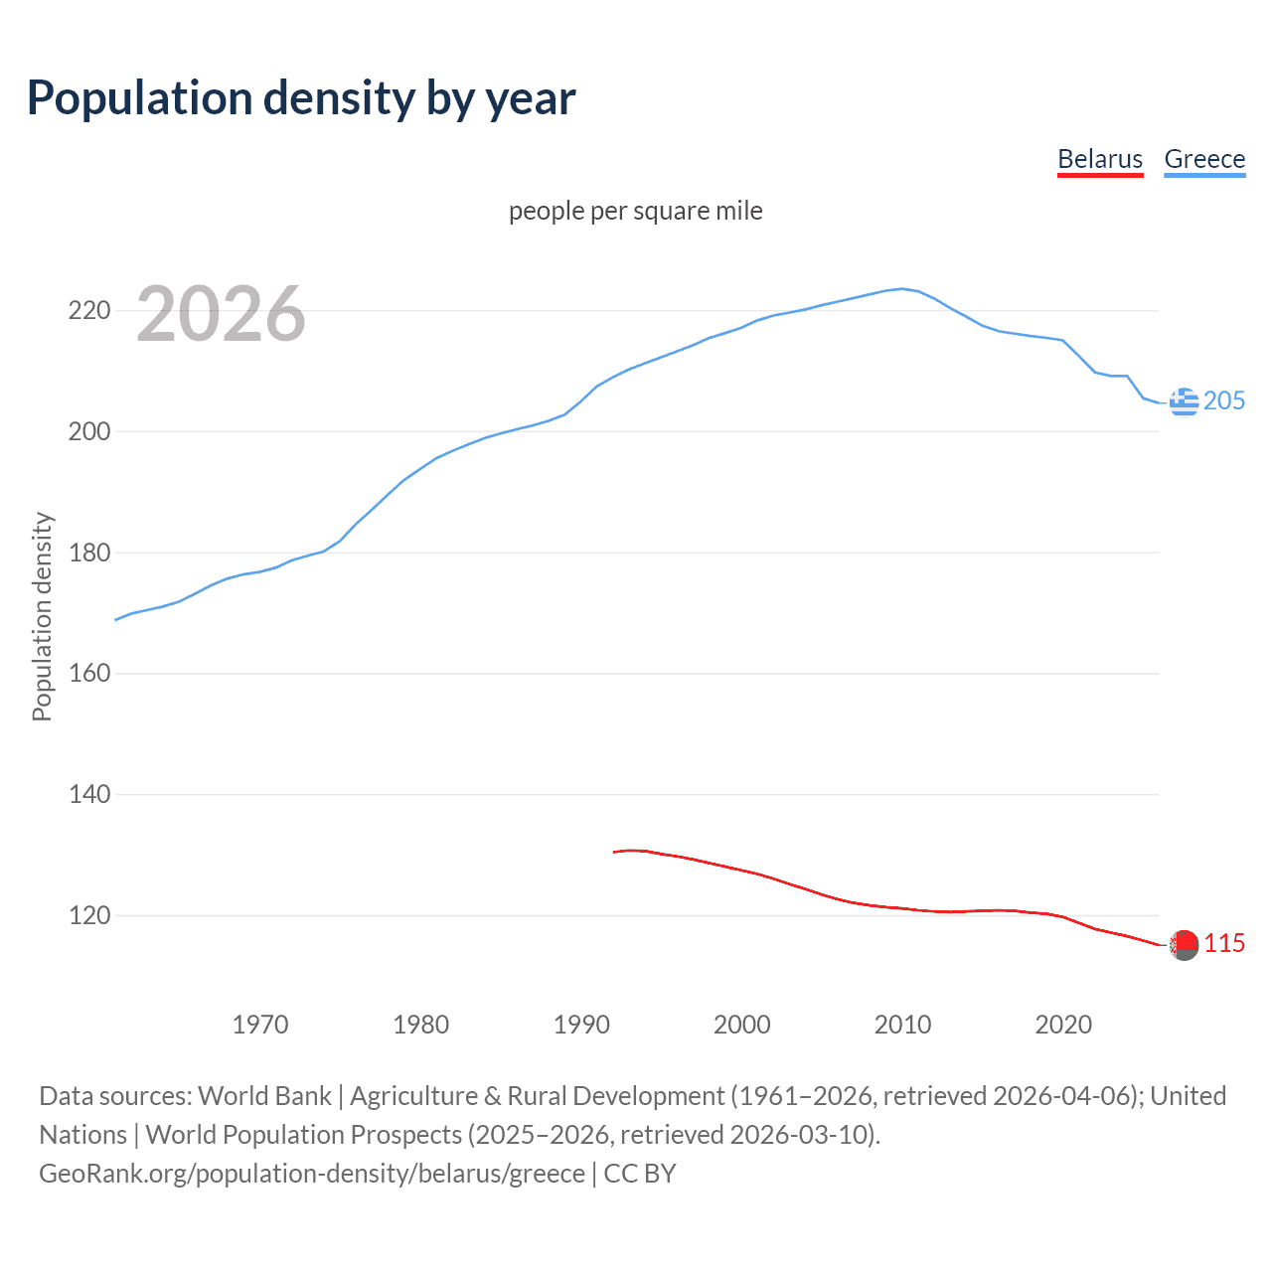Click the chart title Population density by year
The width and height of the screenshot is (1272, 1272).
[301, 98]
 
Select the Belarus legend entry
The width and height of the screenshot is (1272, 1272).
[1100, 159]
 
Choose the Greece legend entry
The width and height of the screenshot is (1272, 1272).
[1204, 159]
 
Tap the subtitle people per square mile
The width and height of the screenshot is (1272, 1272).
[636, 211]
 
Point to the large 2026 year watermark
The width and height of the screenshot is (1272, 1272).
[221, 314]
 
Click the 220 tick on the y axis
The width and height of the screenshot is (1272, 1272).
[89, 311]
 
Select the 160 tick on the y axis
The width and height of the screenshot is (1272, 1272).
[89, 674]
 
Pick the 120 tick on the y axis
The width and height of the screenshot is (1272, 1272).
[89, 915]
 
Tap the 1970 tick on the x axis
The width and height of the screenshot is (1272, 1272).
[260, 1025]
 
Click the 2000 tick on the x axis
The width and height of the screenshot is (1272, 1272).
[742, 1025]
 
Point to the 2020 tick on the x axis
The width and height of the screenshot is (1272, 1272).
[1063, 1025]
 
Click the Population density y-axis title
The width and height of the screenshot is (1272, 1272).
[42, 616]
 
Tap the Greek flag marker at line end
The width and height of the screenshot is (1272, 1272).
[1184, 401]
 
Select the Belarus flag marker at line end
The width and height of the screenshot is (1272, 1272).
[1184, 945]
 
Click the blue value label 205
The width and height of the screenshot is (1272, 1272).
[1224, 400]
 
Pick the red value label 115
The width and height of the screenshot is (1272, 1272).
[1224, 943]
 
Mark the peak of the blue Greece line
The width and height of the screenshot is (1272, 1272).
[902, 289]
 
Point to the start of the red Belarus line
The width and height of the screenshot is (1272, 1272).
[614, 852]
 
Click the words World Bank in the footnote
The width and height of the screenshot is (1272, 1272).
[264, 1096]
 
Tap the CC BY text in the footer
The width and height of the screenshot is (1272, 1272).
[640, 1174]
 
